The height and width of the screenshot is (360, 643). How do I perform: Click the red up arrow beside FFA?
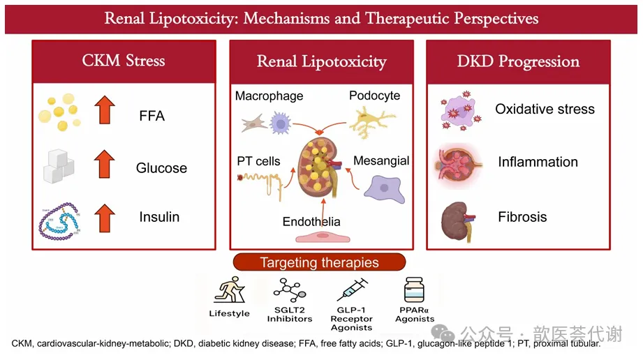coord(105,110)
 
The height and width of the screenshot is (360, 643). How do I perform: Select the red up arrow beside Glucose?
coord(105,163)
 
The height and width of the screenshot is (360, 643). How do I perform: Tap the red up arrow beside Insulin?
coord(105,218)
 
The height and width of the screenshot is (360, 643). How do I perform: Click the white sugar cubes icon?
coord(59,166)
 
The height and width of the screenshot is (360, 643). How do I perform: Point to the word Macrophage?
coord(269,96)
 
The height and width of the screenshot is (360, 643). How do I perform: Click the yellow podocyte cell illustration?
coord(372,122)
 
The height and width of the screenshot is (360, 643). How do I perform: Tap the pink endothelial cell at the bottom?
coord(323,237)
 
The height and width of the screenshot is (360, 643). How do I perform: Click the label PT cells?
coord(258,161)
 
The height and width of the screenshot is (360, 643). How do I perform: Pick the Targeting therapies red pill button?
coord(320,262)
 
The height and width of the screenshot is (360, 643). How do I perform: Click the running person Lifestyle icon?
coord(230,290)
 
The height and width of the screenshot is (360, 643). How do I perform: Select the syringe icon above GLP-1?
coord(353,290)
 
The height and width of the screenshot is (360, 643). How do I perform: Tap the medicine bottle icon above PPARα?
coord(414,290)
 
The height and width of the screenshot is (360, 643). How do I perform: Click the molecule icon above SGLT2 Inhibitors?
coord(290,290)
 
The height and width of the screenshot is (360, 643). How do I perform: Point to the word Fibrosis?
coord(522,217)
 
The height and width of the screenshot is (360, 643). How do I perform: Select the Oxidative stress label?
coord(545,109)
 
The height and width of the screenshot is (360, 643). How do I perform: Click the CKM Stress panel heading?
coord(124,61)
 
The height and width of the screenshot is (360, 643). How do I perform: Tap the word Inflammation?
coord(538,162)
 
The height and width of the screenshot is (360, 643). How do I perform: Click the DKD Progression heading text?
coord(518,61)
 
